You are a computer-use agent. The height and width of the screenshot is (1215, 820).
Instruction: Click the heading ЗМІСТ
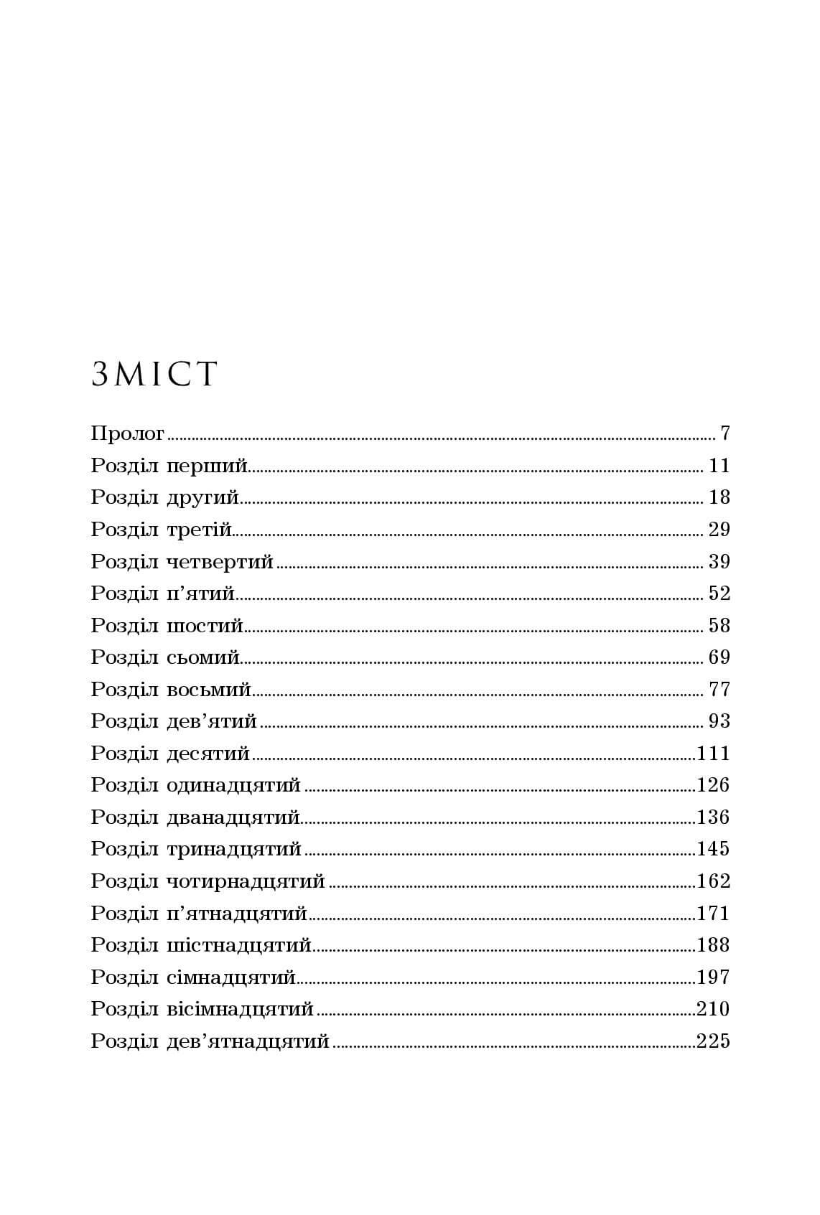point(154,375)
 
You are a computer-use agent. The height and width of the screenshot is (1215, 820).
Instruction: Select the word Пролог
point(128,434)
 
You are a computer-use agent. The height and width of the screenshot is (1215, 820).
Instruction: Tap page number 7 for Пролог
point(724,433)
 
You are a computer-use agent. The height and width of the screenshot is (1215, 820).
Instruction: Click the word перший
point(207,466)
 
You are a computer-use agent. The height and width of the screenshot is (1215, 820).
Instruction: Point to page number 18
point(719,497)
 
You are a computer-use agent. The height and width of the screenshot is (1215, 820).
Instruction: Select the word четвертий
point(220,562)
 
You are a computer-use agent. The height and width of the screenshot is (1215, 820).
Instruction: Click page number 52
point(719,594)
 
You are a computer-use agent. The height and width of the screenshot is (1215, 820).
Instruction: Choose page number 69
point(719,657)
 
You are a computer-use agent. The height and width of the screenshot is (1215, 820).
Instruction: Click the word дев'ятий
point(211,721)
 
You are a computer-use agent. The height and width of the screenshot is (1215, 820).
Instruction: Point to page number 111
point(713,754)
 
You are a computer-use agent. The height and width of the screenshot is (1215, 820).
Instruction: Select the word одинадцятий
point(233,785)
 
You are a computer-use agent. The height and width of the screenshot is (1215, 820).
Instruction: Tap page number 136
point(713,817)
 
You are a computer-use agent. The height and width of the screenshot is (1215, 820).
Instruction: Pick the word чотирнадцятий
point(246,881)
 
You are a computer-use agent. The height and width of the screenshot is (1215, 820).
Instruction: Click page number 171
point(713,914)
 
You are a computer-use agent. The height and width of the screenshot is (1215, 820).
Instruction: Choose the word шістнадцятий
point(238,945)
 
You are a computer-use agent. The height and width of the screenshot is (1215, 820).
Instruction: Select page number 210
point(713,1009)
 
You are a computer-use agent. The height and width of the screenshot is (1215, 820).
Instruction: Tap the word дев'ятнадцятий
point(247,1041)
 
